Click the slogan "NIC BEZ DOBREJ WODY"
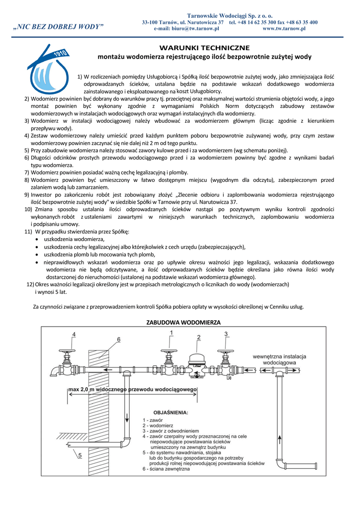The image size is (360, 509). (59, 26)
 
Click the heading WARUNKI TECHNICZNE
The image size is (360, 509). (204, 48)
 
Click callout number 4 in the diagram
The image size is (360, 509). (74, 335)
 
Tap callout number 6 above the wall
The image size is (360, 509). (118, 339)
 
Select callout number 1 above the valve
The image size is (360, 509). (172, 333)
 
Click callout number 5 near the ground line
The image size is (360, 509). (80, 455)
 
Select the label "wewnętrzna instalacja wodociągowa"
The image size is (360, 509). (279, 359)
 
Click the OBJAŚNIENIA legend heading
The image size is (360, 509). (170, 412)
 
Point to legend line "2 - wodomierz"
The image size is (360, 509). (158, 425)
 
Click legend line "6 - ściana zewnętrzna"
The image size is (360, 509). (166, 469)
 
